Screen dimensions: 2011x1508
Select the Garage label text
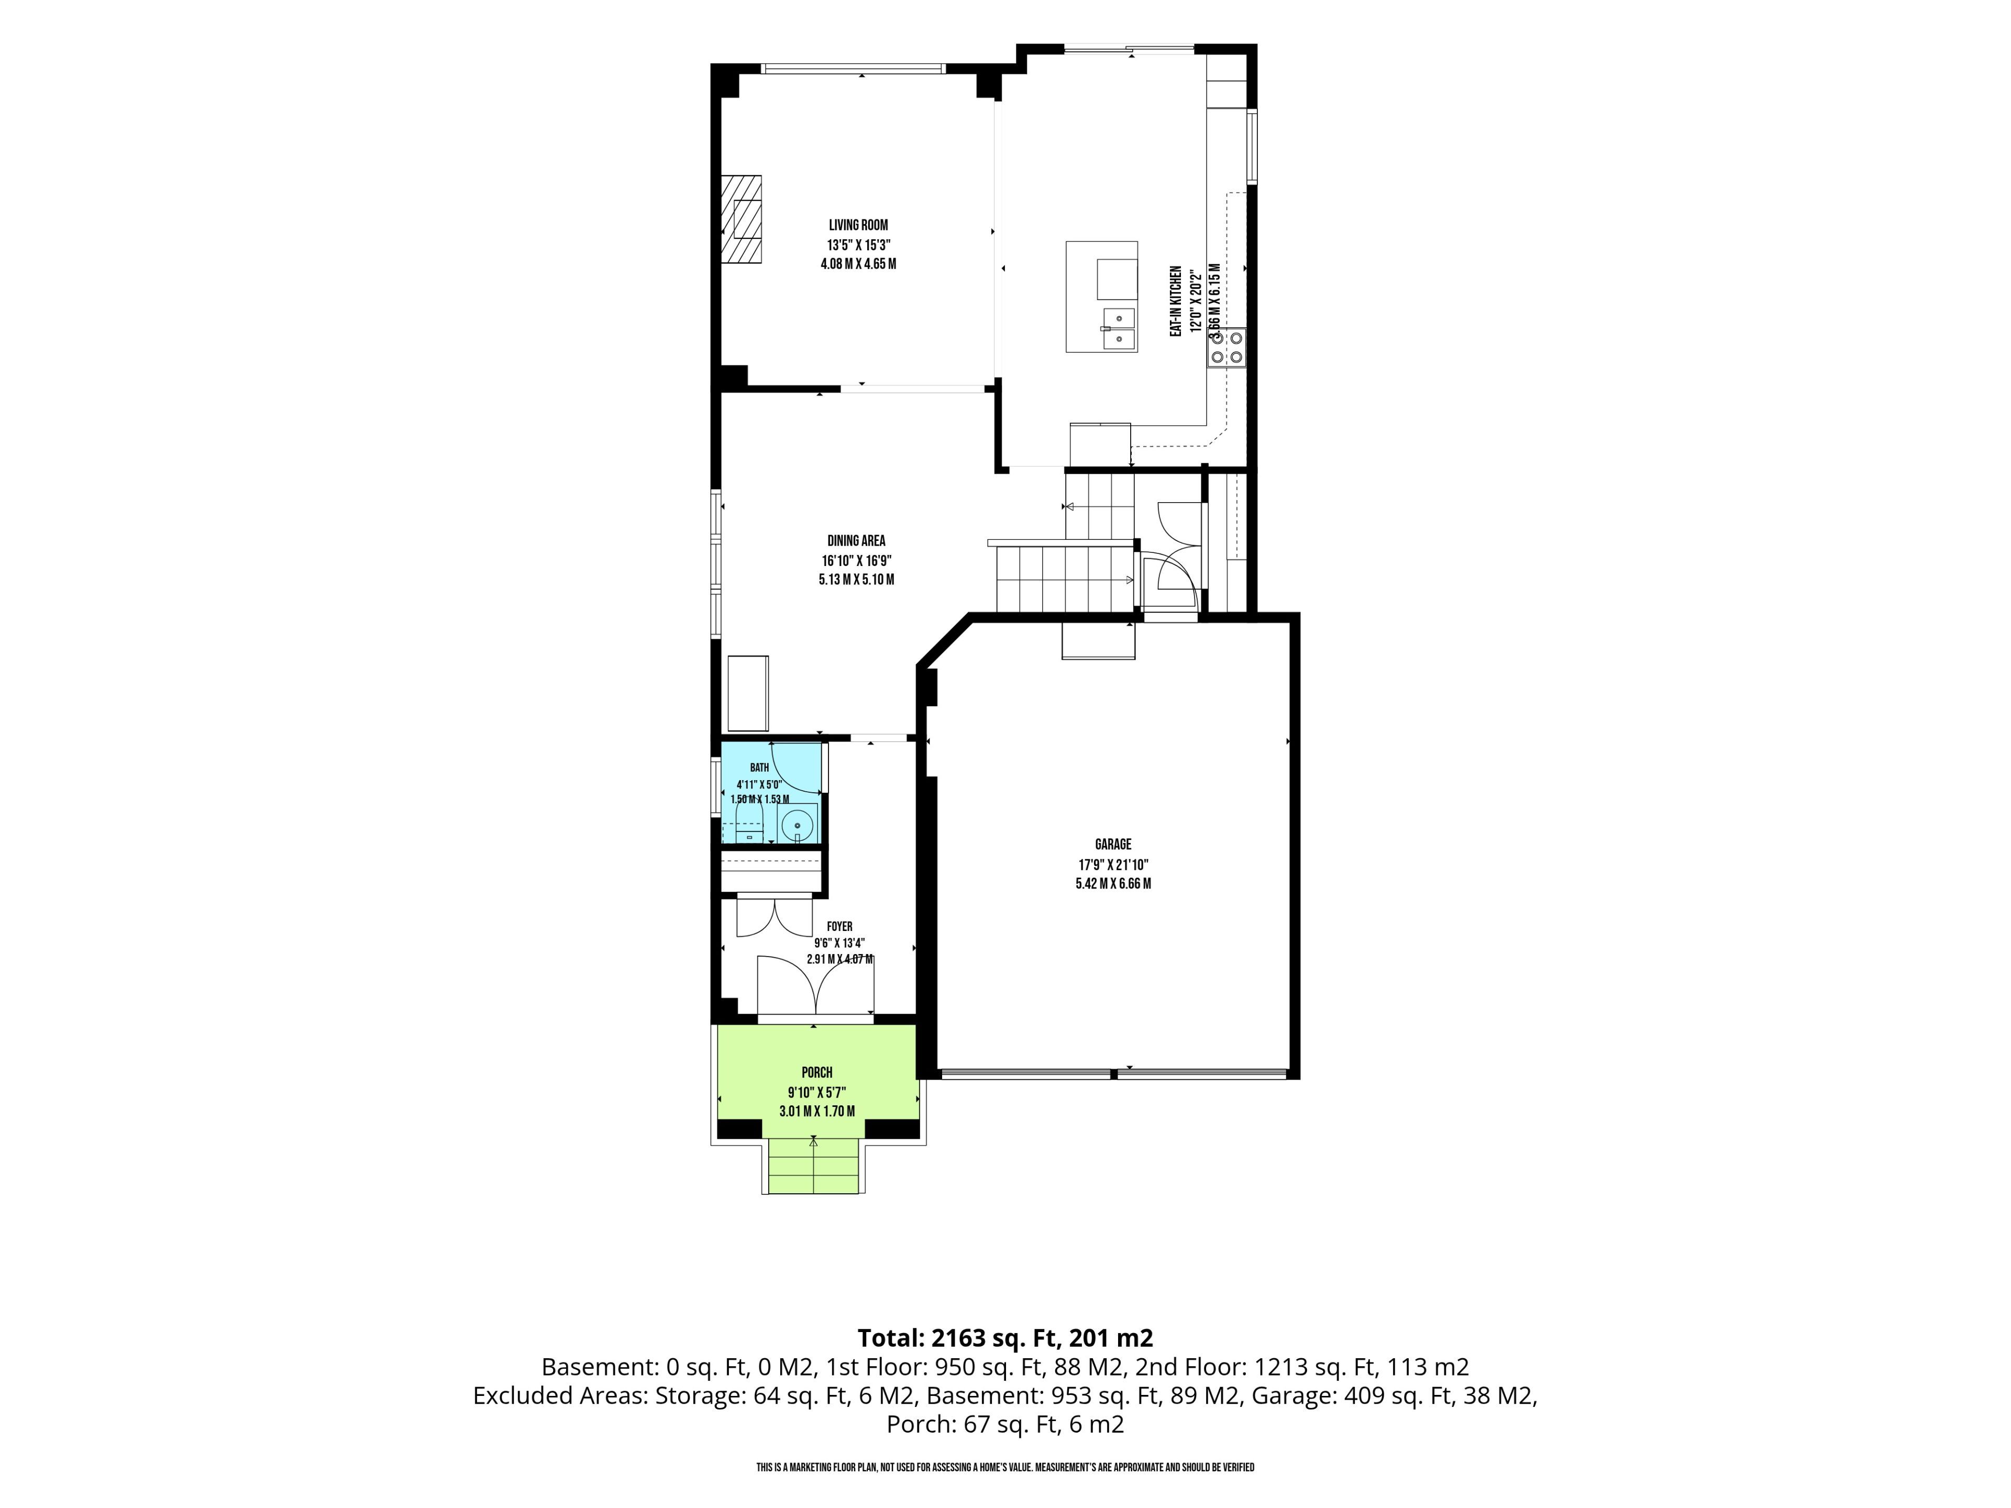[x=1113, y=845]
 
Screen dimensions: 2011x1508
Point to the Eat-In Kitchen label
[x=1176, y=301]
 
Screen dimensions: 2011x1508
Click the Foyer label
[x=840, y=926]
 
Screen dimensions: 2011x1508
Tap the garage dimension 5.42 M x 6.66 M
[x=1113, y=883]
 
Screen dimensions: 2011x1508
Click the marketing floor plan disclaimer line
[x=1005, y=1467]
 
